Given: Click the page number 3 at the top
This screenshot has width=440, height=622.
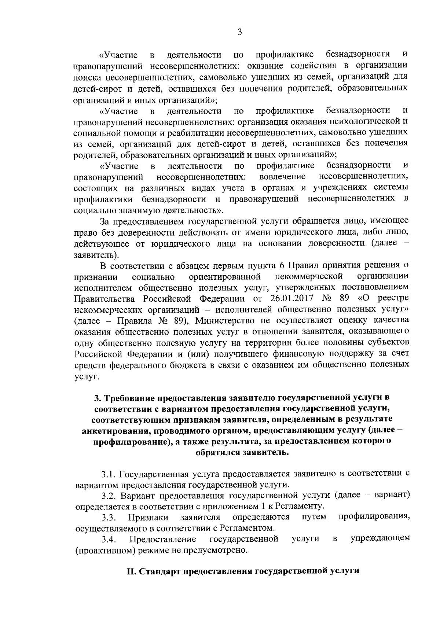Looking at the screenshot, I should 240,32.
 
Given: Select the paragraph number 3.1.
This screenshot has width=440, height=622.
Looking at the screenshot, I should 109,474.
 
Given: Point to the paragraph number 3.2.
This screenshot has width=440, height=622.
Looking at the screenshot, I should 109,496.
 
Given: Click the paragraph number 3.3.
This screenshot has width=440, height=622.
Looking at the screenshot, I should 109,517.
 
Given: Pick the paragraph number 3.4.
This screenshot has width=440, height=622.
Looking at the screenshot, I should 109,539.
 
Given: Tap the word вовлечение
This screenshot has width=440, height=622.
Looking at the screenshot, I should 282,177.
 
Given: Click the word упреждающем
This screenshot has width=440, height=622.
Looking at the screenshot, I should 380,539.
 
